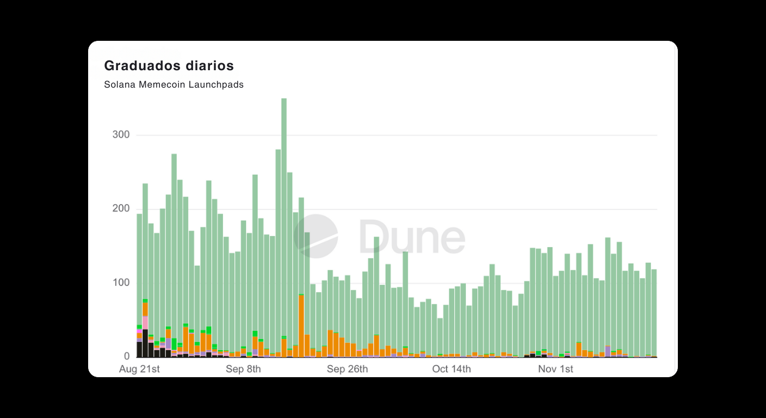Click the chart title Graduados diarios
(169, 66)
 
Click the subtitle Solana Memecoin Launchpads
(174, 85)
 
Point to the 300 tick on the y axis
(121, 135)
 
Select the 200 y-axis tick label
(121, 209)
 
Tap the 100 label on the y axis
(121, 283)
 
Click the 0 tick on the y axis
(126, 356)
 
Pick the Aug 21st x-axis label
(139, 370)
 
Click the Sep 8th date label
(243, 370)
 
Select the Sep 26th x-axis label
(347, 370)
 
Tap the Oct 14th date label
(452, 370)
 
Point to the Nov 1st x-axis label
(555, 370)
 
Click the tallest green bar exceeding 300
(284, 218)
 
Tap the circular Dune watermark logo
(316, 236)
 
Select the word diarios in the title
(209, 66)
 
